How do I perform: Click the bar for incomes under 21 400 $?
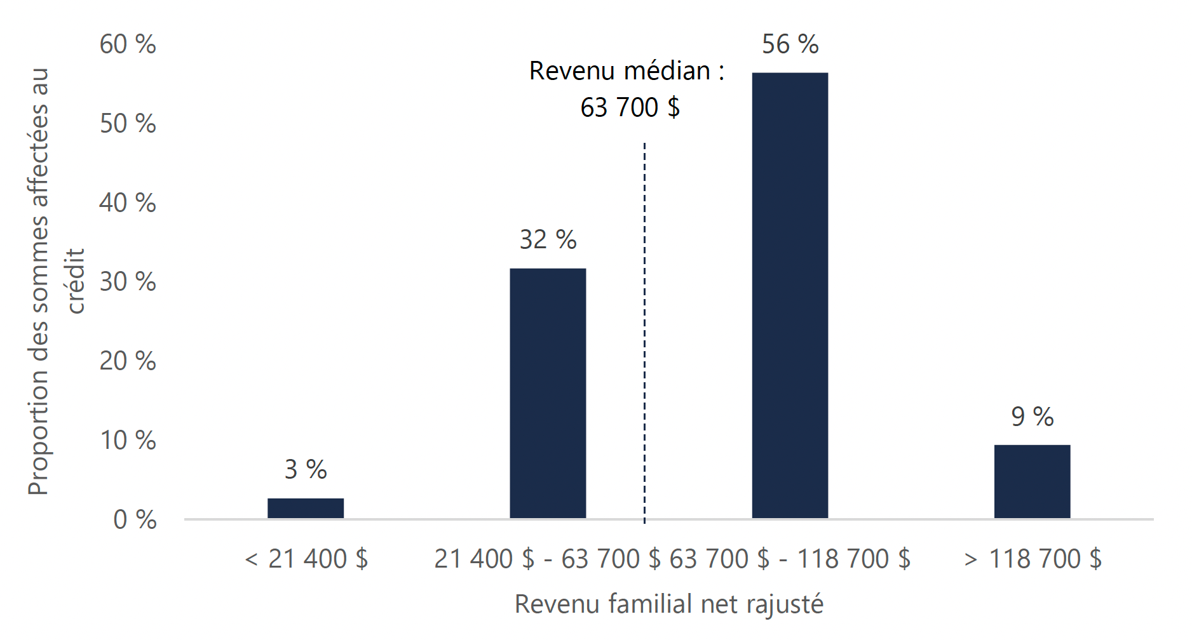pos(306,508)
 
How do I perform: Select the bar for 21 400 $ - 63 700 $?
pos(548,394)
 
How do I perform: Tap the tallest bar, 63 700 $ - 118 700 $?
pos(790,296)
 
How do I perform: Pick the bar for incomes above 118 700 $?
pos(1032,481)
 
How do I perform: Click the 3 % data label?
pos(306,470)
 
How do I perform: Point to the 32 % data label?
pos(548,240)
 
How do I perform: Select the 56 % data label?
pos(790,44)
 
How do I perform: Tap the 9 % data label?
pos(1032,417)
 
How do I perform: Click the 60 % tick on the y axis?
pos(128,44)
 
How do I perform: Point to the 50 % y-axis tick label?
pos(128,124)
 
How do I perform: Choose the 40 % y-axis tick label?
pos(128,203)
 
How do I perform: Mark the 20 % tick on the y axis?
pos(128,361)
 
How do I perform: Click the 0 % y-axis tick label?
pos(135,520)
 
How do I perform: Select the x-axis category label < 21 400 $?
pos(306,559)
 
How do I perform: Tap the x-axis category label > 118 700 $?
pos(1033,559)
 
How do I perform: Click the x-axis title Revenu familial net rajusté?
pos(668,604)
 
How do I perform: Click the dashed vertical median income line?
pos(644,330)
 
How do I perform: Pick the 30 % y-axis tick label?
pos(128,282)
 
